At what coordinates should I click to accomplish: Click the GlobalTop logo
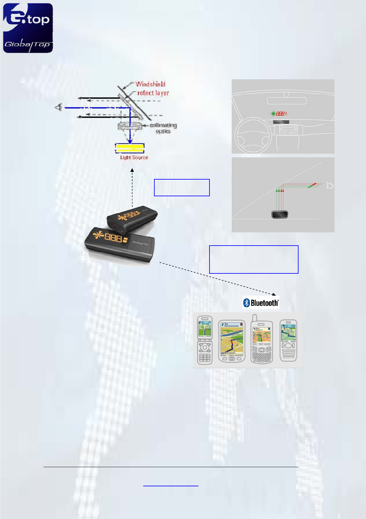coord(28,28)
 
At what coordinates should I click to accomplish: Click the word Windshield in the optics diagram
coord(150,84)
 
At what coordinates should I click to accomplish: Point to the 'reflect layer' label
coord(153,93)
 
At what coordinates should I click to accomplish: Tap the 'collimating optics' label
coord(163,128)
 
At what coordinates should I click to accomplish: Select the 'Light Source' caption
coord(134,157)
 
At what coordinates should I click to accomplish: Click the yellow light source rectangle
coord(130,148)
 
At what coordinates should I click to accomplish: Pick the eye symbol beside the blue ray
coord(59,107)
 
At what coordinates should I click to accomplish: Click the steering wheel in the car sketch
coord(253,136)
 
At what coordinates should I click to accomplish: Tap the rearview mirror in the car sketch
coord(287,101)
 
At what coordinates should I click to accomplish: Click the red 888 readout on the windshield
coord(280,114)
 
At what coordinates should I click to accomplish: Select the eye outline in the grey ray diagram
coord(330,186)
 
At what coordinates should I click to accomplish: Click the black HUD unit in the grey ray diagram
coord(280,214)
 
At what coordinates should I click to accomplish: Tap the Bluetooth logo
coord(261,303)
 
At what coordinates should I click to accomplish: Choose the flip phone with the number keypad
coord(205,340)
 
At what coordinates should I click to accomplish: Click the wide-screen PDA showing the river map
coord(232,341)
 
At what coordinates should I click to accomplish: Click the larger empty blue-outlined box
coord(254,259)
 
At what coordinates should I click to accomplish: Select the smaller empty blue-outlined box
coord(182,187)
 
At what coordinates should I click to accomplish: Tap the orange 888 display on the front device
coord(113,237)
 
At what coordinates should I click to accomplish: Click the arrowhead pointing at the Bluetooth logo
coord(274,294)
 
